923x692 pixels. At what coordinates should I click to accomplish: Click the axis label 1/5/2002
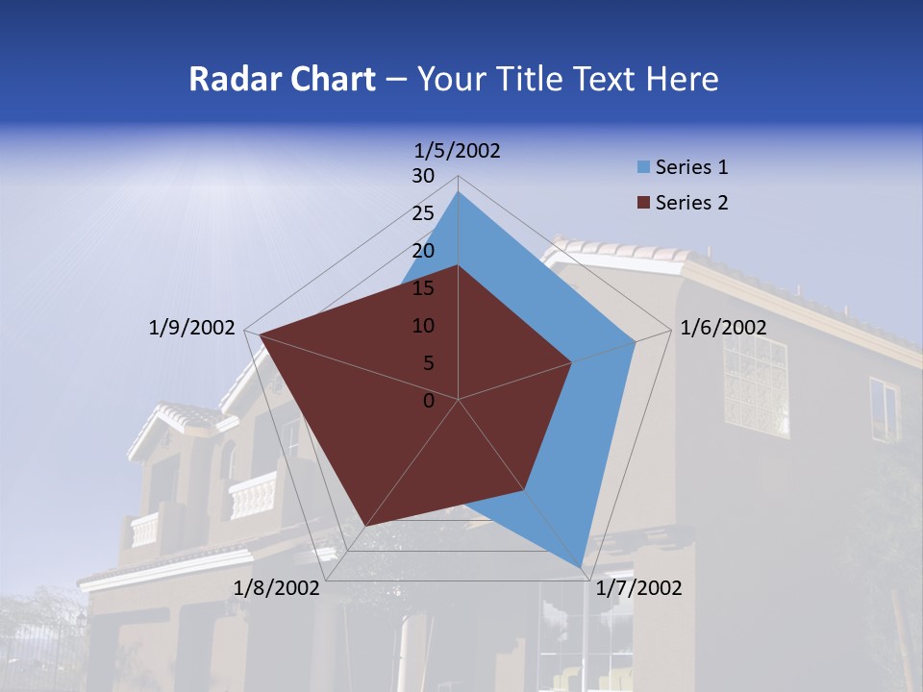(x=458, y=151)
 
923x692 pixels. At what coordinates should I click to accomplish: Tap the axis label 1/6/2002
(x=723, y=328)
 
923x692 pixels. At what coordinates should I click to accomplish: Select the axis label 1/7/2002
(x=638, y=588)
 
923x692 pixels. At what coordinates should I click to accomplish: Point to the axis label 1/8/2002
(x=277, y=588)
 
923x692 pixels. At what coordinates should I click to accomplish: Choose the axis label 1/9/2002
(x=191, y=328)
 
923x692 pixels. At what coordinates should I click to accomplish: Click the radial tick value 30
(x=423, y=176)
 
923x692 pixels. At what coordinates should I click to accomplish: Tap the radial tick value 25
(x=423, y=213)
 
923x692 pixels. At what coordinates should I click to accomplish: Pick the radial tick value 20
(x=423, y=251)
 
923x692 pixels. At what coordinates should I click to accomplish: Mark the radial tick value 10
(x=423, y=326)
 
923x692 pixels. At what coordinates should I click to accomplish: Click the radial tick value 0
(x=429, y=401)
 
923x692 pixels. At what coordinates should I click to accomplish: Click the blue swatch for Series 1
(x=642, y=168)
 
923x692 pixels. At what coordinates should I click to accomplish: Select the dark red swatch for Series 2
(x=642, y=203)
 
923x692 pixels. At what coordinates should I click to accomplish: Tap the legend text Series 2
(x=692, y=203)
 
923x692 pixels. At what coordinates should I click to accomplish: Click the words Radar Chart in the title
(x=282, y=79)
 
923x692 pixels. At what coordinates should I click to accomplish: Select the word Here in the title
(x=682, y=79)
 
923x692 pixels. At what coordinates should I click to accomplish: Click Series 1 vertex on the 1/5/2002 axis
(x=459, y=192)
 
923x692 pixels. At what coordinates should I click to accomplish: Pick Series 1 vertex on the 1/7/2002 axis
(x=582, y=567)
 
